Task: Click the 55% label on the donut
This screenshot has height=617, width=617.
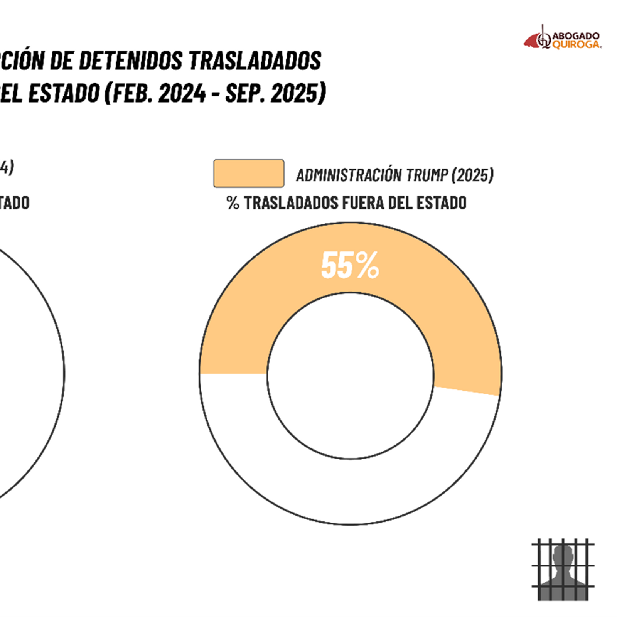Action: point(350,265)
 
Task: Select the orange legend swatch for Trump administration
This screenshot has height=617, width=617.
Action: point(249,174)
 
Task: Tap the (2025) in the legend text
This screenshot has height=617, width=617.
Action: point(472,175)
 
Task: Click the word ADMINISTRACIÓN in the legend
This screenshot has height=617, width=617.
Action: point(349,175)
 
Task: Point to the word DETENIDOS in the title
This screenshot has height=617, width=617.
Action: point(131,61)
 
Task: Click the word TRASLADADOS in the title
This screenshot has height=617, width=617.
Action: point(255,61)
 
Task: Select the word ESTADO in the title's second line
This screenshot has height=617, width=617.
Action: point(64,93)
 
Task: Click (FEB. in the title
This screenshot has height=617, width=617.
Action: point(129,93)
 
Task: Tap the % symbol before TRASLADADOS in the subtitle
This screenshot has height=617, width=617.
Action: point(233,203)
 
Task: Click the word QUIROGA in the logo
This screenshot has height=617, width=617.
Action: point(577,45)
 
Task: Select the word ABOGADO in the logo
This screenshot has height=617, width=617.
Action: point(576,36)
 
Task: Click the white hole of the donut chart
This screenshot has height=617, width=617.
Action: point(350,376)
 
